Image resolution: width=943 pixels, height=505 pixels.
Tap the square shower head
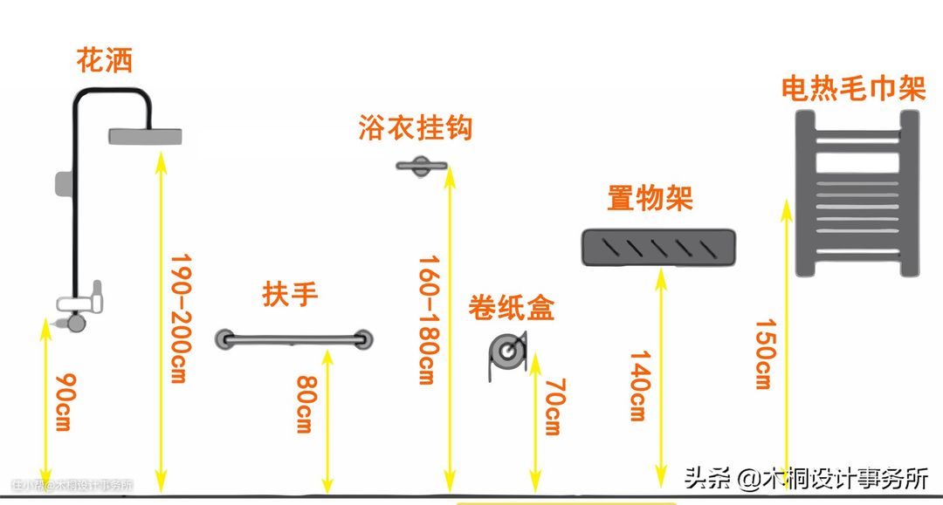coord(146,136)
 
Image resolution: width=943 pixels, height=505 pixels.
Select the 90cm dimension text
coord(63,403)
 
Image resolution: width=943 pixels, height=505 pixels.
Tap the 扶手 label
coord(291,295)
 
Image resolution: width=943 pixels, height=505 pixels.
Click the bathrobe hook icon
coord(422,166)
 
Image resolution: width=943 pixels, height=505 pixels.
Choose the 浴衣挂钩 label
coord(415,127)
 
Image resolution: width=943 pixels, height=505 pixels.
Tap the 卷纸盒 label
coord(511,308)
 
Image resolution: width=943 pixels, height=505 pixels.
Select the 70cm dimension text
coord(553,406)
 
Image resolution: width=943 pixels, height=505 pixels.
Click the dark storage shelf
coord(657,247)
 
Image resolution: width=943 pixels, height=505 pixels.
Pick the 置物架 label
coord(650,199)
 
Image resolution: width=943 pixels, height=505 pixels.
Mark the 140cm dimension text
coord(638,385)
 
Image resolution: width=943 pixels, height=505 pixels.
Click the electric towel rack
coord(857,195)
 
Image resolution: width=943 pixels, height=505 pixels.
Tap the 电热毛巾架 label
coord(852,90)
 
